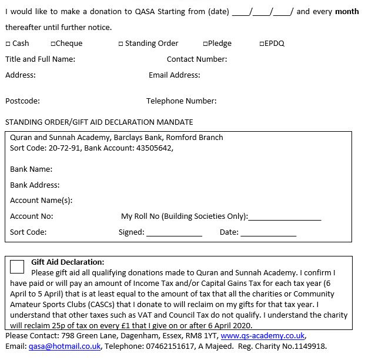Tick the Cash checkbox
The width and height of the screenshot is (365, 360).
pos(8,44)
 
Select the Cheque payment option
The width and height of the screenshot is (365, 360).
pos(53,44)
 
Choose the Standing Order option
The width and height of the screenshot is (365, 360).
pos(121,44)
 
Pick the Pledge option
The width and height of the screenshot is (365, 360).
pos(205,44)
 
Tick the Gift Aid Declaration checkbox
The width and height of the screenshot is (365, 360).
pos(18,266)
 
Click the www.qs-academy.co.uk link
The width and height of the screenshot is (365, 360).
pos(263,336)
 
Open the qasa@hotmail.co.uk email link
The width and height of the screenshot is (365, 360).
pos(65,346)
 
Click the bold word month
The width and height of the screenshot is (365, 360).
pos(347,12)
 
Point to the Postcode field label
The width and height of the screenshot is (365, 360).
pos(22,101)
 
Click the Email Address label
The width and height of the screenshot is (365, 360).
pos(174,75)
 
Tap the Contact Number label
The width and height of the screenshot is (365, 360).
pos(197,59)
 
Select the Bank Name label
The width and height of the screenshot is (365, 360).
pos(31,169)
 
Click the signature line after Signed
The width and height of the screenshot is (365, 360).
pos(174,234)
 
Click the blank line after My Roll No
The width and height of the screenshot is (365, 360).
pos(284,218)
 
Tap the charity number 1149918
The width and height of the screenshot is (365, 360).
pos(310,346)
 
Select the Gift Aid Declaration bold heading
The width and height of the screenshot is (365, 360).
pos(68,262)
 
